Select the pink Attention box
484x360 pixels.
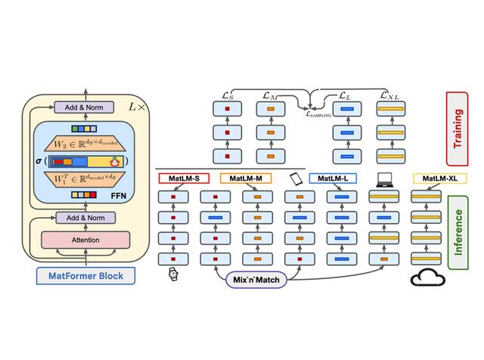coord(85,240)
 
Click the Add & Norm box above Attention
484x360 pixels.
coord(85,218)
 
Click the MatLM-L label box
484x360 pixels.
coord(333,179)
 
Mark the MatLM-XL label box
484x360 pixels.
coord(439,179)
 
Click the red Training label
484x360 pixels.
coord(458,128)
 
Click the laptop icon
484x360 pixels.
coord(386,179)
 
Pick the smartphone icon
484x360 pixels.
coord(296,179)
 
